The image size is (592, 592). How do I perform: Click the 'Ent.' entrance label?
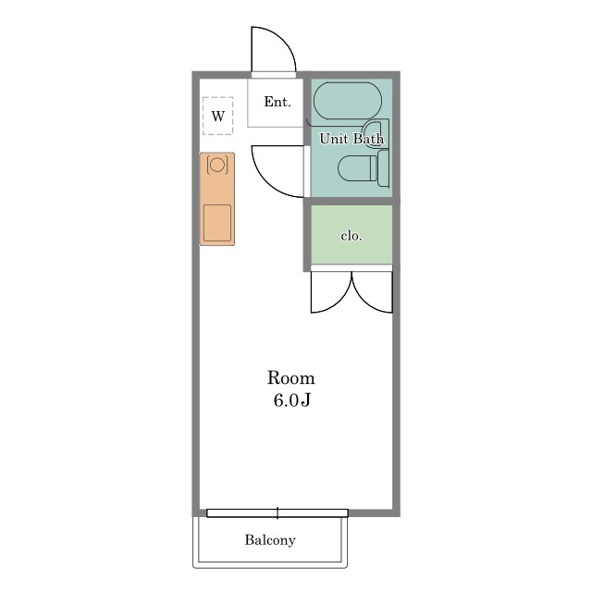click(x=277, y=102)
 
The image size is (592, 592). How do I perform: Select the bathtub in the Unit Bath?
click(x=348, y=101)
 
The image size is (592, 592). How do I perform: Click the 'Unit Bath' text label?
click(x=351, y=139)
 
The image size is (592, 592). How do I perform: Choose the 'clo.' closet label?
click(x=351, y=236)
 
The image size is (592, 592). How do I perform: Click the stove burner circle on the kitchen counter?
click(x=217, y=165)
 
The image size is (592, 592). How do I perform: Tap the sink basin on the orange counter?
click(x=217, y=223)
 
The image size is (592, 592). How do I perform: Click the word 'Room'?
click(x=290, y=378)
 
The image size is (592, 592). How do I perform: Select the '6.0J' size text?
click(x=291, y=401)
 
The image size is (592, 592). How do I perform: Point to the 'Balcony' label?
click(x=270, y=540)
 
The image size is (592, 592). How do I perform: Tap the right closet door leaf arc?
click(x=364, y=302)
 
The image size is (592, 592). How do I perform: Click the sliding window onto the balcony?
click(x=277, y=513)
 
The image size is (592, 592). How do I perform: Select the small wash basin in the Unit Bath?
click(x=376, y=133)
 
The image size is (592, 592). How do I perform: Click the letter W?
click(x=218, y=116)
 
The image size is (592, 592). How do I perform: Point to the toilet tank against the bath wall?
click(x=383, y=168)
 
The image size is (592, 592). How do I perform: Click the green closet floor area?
click(x=351, y=234)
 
